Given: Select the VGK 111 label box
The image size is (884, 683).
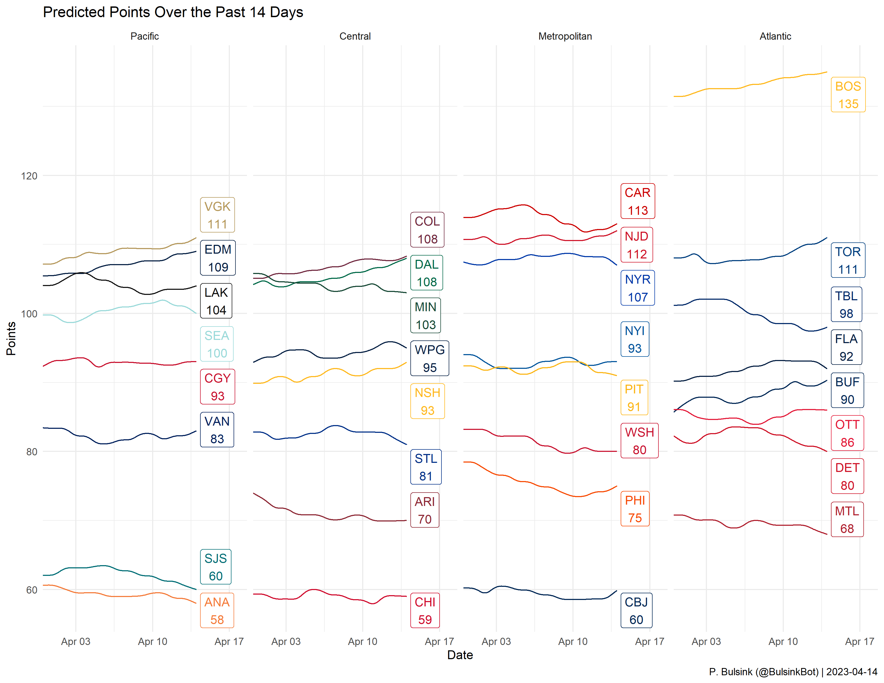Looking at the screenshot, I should click(217, 215).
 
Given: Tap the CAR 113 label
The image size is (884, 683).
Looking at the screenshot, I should click(638, 201).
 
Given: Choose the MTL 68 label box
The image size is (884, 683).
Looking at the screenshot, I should click(847, 520).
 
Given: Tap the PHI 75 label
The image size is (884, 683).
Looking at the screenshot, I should click(635, 509).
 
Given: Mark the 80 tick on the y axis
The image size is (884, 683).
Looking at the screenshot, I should click(32, 452).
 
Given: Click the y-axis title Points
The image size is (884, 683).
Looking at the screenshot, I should click(11, 338).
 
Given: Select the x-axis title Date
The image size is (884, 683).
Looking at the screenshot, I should click(460, 655).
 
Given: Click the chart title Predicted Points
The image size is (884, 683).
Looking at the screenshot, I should click(173, 12).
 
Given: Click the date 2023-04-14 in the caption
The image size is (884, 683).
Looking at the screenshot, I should click(851, 672).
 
